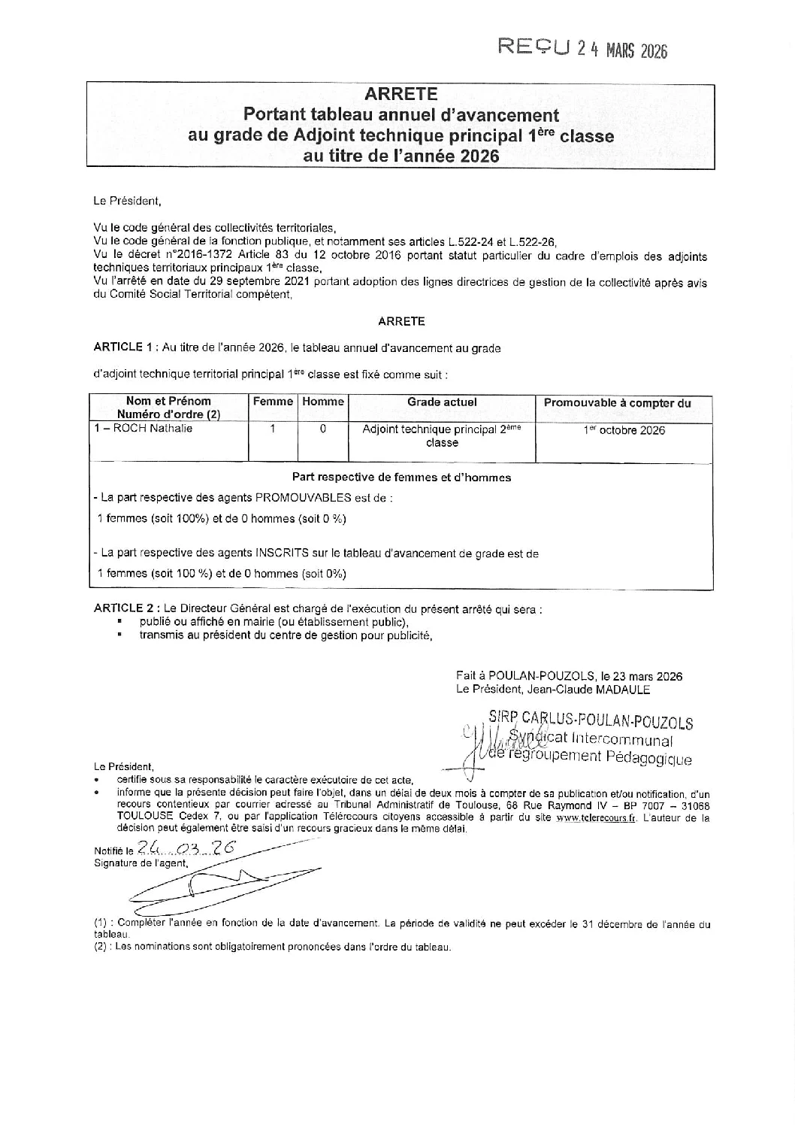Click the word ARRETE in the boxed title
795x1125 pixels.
[x=401, y=94]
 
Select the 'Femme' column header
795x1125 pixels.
[x=273, y=402]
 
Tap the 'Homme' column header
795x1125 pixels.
[x=322, y=402]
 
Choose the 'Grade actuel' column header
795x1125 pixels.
[x=442, y=402]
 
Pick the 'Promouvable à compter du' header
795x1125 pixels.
[x=617, y=403]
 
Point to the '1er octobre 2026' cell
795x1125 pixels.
[x=624, y=431]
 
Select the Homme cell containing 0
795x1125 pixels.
[x=322, y=429]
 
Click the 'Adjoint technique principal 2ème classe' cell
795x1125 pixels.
[x=442, y=436]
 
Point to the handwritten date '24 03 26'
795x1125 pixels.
[x=183, y=848]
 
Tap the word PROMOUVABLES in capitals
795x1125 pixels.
[x=303, y=498]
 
